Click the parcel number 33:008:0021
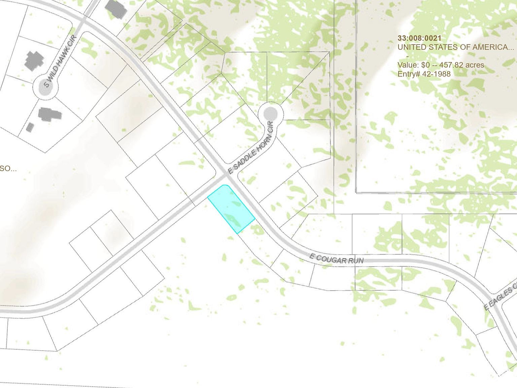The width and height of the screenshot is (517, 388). pyautogui.click(x=419, y=38)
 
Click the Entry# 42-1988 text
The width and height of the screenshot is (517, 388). pyautogui.click(x=424, y=74)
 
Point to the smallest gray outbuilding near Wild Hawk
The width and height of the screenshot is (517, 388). pyautogui.click(x=30, y=127)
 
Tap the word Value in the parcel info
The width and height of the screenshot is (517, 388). pyautogui.click(x=406, y=65)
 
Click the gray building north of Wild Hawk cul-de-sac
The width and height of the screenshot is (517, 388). pyautogui.click(x=34, y=60)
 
